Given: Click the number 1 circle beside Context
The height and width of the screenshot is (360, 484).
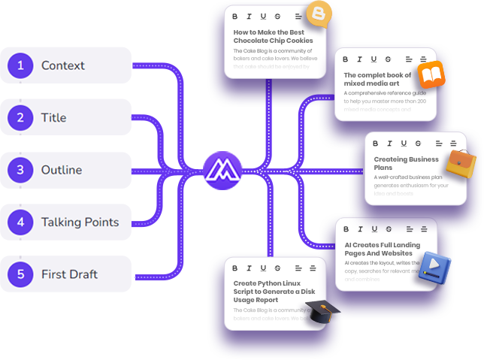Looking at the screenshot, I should click(x=20, y=65).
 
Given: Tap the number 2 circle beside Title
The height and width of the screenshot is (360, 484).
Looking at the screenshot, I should click(x=20, y=118).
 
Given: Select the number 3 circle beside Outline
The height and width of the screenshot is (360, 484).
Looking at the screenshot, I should click(x=20, y=170).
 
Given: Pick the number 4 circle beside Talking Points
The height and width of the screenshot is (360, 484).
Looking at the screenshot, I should click(x=20, y=222).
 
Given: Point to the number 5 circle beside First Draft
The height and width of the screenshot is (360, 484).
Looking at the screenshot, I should click(x=20, y=274).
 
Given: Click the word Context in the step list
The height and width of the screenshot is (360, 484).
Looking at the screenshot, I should click(x=63, y=65).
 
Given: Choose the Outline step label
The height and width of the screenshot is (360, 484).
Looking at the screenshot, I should click(x=62, y=170).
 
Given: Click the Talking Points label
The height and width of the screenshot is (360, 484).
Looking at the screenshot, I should click(x=80, y=222).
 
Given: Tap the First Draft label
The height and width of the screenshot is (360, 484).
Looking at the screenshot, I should click(x=69, y=274).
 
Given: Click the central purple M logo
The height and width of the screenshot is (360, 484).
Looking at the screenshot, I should click(x=222, y=170).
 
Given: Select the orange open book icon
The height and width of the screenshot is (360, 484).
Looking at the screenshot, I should click(x=431, y=74).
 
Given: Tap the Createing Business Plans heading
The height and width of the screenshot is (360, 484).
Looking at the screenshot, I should click(x=406, y=163).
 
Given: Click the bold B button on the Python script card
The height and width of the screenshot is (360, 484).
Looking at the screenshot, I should click(x=235, y=268).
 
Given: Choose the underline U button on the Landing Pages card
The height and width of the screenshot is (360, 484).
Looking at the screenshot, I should click(x=374, y=229).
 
